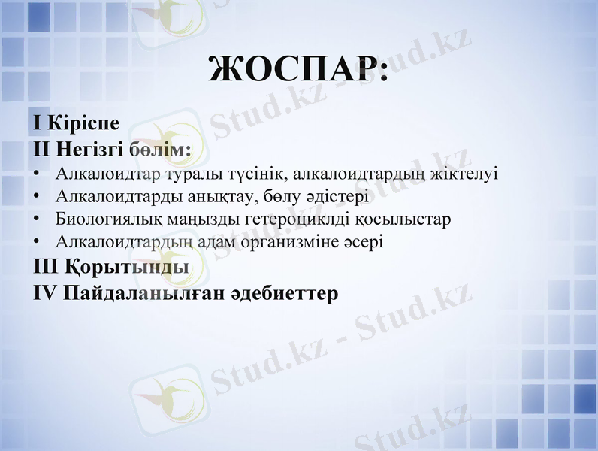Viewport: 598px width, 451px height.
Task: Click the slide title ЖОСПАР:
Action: pos(299,69)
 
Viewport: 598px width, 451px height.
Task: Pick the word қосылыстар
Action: pos(406,219)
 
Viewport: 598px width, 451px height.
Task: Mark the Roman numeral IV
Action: pos(46,292)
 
